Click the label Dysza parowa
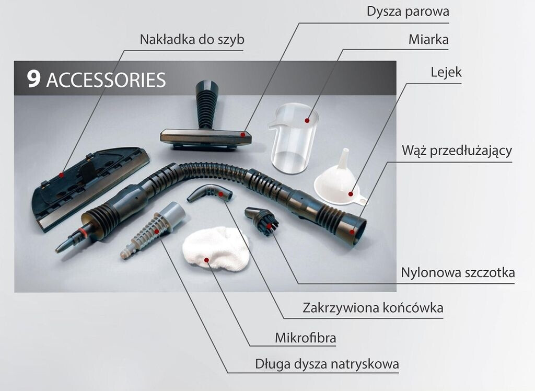pyautogui.click(x=408, y=11)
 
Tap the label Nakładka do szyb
pyautogui.click(x=192, y=40)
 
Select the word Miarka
pyautogui.click(x=428, y=40)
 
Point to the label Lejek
pyautogui.click(x=446, y=72)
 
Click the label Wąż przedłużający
pyautogui.click(x=457, y=151)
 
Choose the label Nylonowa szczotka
pyautogui.click(x=458, y=272)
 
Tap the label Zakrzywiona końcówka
pyautogui.click(x=373, y=308)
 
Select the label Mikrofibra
pyautogui.click(x=305, y=338)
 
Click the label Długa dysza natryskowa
pyautogui.click(x=327, y=364)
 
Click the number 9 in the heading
pyautogui.click(x=34, y=79)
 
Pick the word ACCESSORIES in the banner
pyautogui.click(x=106, y=80)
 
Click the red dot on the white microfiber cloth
pyautogui.click(x=206, y=260)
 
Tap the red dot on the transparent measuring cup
pyautogui.click(x=307, y=121)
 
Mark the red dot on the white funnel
pyautogui.click(x=351, y=194)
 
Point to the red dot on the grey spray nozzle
pyautogui.click(x=157, y=232)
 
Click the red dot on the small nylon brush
pyautogui.click(x=269, y=226)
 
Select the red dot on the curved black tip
pyautogui.click(x=221, y=194)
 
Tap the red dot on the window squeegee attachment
pyautogui.click(x=61, y=175)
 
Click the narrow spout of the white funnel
pyautogui.click(x=345, y=157)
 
